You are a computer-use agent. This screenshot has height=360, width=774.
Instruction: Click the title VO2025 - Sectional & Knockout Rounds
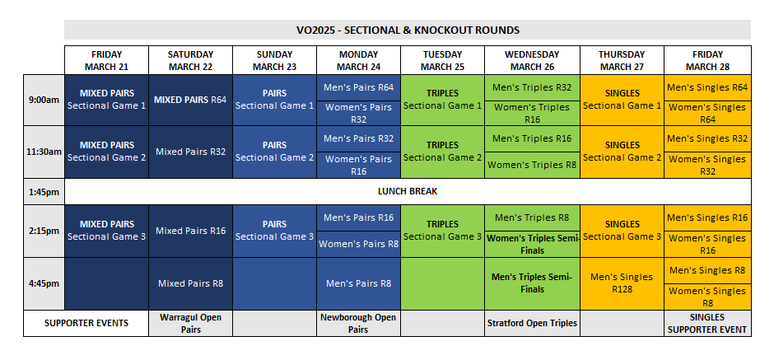click(408, 30)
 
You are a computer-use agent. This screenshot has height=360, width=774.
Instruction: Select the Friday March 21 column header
click(107, 60)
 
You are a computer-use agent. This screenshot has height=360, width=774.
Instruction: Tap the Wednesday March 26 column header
click(531, 60)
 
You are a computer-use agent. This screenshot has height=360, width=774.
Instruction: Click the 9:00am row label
click(44, 100)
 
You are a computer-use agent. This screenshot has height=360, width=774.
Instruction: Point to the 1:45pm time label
click(44, 191)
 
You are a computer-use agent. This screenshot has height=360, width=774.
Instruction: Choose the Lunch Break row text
click(408, 191)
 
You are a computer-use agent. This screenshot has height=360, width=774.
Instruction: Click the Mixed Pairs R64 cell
click(190, 100)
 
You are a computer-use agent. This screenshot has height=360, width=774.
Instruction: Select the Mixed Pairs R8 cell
click(190, 283)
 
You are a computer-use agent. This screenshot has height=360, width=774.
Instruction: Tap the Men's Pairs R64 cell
click(358, 87)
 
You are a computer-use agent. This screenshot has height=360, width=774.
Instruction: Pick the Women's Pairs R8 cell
click(358, 244)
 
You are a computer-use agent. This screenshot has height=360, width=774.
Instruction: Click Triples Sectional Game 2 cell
click(442, 151)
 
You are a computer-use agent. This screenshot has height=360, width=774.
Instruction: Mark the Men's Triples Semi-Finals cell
click(531, 283)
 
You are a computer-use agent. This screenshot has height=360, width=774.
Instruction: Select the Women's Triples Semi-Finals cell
click(531, 244)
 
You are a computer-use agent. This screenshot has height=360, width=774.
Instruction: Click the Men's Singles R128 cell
click(622, 283)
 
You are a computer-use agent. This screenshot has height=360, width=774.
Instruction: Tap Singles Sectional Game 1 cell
click(622, 100)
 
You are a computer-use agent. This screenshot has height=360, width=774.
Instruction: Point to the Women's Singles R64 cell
click(707, 113)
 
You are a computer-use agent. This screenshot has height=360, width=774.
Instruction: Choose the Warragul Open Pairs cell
click(190, 323)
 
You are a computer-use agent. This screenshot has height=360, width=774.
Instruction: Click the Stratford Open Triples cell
click(531, 323)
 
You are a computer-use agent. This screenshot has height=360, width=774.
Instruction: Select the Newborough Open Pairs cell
click(358, 323)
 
